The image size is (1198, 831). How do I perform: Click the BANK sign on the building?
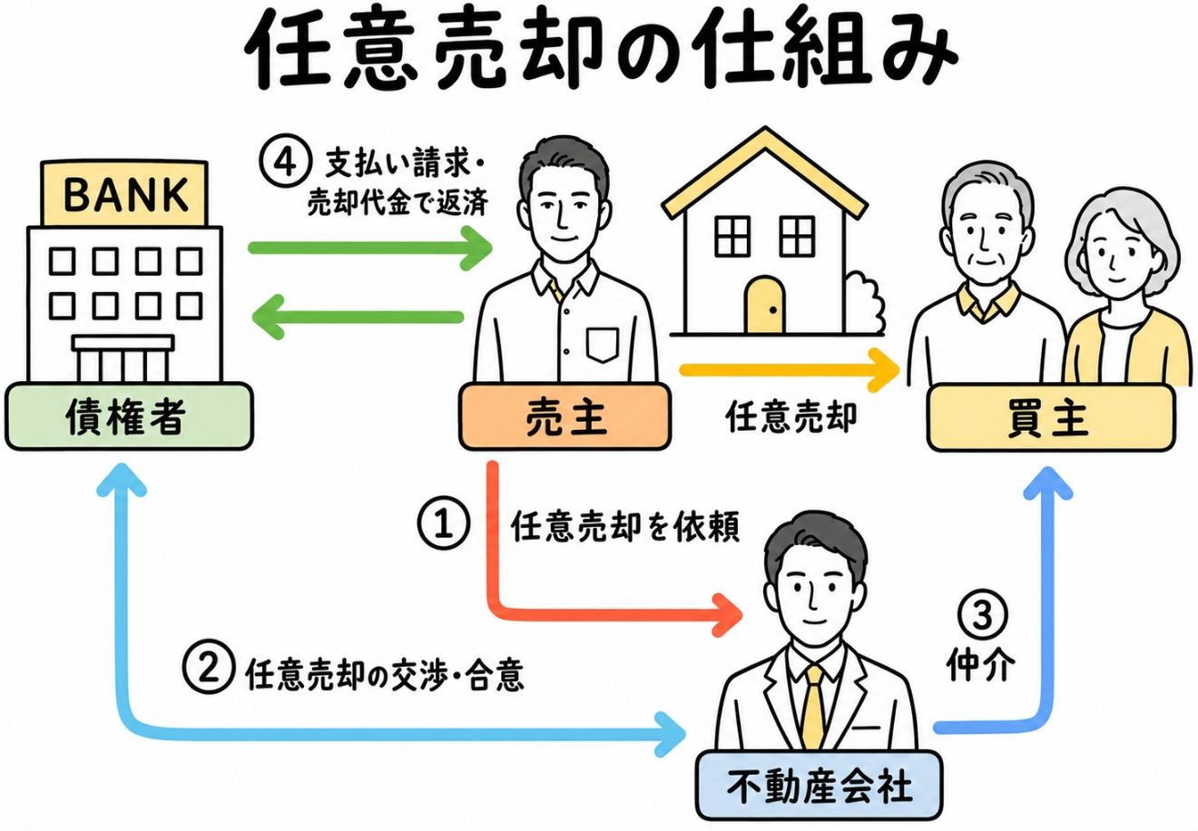124,193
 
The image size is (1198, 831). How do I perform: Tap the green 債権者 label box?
129,416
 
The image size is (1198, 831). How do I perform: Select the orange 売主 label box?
565,416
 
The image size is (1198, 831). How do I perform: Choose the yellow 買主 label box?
1050,417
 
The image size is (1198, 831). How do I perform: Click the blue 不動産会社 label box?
819,786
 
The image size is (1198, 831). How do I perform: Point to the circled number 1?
444,523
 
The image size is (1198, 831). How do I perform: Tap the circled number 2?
209,668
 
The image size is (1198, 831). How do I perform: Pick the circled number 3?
982,615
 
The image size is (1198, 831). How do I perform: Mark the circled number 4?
285,161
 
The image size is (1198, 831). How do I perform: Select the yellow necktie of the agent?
813,707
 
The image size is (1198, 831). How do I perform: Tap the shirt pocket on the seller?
603,345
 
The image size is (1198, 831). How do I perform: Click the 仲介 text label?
981,666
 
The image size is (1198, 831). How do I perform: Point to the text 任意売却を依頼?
625,527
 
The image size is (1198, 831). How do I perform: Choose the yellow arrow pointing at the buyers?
790,369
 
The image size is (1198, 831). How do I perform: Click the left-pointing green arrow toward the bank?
358,318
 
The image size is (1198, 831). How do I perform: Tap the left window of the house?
732,236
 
